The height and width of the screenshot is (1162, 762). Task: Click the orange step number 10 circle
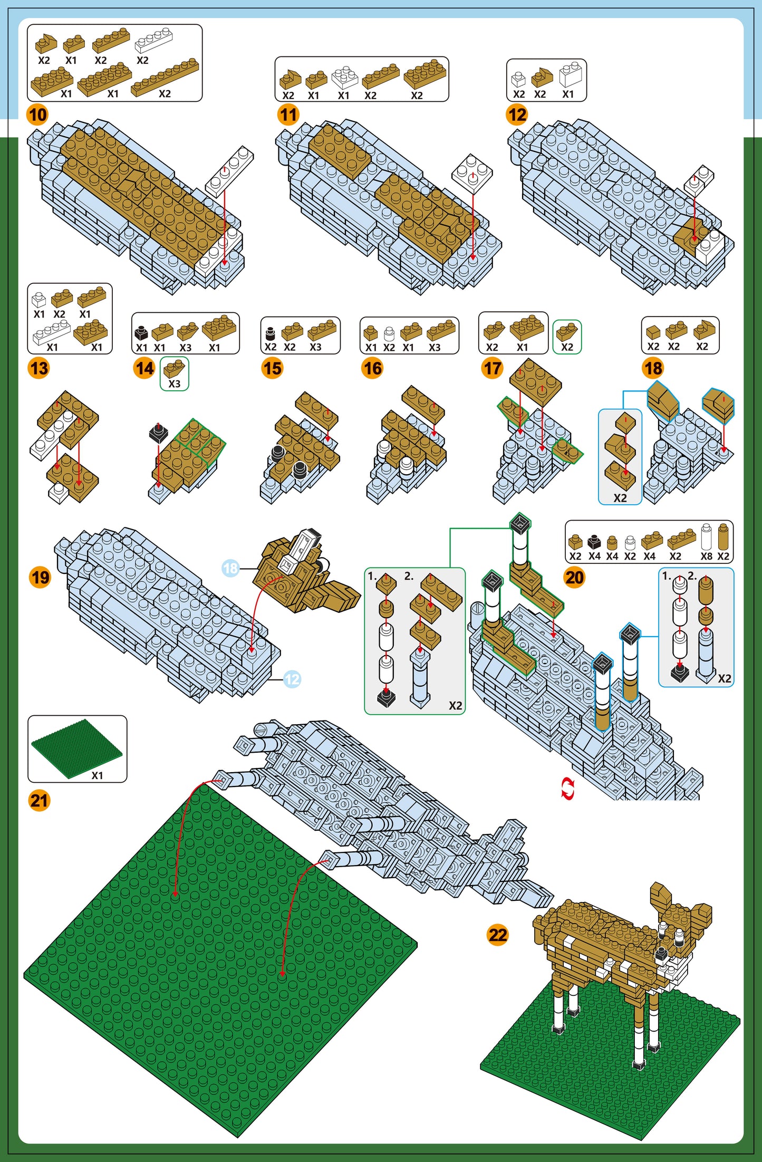[37, 114]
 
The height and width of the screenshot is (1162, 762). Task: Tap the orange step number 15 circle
[272, 368]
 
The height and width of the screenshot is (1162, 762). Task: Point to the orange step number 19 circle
[41, 577]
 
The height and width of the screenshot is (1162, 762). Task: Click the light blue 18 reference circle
[230, 568]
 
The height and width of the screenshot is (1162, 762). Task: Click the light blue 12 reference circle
[292, 679]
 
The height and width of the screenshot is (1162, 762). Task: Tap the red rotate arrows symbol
[567, 789]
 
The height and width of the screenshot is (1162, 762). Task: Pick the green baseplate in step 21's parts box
[76, 747]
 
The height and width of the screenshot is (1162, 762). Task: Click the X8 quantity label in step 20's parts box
[706, 556]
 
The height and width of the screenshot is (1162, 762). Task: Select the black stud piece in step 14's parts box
[141, 332]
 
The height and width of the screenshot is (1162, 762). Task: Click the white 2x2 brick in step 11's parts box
[344, 77]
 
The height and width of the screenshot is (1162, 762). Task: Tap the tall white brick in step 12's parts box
[571, 74]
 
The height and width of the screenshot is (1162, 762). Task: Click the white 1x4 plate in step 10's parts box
[153, 40]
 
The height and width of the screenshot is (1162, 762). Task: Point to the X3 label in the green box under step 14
[175, 384]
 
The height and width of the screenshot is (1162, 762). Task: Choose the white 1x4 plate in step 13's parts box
[51, 332]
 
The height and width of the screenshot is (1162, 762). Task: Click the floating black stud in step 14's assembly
[158, 433]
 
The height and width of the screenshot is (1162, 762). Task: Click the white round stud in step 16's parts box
[389, 333]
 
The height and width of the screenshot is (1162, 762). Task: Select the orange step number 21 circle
[40, 801]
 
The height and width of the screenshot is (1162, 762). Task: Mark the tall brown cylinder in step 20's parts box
[723, 537]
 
